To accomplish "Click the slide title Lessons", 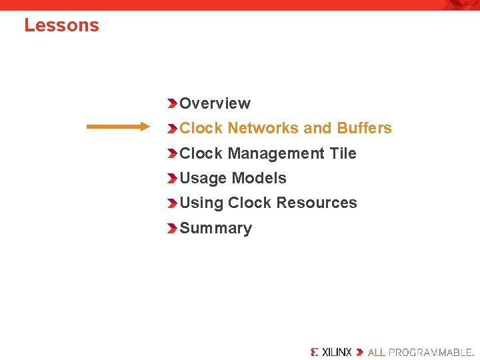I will tap(61, 25).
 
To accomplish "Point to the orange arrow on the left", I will tap(119, 127).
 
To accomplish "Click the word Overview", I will tap(215, 103).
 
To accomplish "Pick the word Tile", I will tap(343, 153).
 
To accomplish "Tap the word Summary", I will tap(215, 228).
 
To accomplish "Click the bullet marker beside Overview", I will tap(173, 103).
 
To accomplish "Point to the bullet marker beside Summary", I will tap(173, 228).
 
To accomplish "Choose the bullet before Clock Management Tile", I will tap(173, 153).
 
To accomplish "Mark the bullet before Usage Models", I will tap(173, 178).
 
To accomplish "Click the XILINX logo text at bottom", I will tap(337, 351).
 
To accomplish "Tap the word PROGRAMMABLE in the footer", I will tap(430, 351).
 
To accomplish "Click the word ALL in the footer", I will tap(377, 351).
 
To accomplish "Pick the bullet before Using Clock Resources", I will tap(173, 203).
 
